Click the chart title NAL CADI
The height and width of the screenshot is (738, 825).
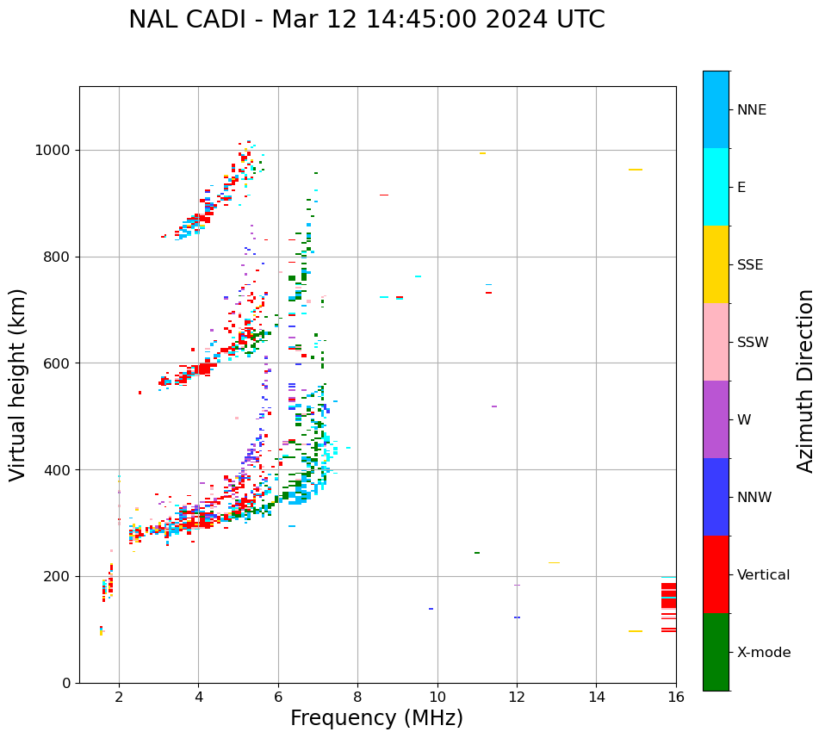tap(366, 20)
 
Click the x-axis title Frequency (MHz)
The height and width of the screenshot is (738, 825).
tap(376, 718)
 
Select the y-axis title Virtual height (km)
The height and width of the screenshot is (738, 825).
tap(18, 384)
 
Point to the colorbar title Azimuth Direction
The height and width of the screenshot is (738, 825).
tap(805, 381)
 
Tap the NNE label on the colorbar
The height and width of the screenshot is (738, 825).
tap(751, 110)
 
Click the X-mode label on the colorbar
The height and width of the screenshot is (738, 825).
tap(763, 653)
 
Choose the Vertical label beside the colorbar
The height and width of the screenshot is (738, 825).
tap(763, 575)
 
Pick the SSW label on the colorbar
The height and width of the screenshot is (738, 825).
tap(753, 343)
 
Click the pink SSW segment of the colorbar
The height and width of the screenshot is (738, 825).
tap(716, 342)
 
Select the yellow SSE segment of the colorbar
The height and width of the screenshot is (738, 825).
tap(716, 264)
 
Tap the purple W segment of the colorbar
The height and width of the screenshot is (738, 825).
tap(716, 419)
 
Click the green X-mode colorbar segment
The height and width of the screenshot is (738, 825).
tap(716, 652)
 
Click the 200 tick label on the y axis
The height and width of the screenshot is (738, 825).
tap(59, 577)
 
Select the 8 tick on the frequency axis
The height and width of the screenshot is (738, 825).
tap(357, 697)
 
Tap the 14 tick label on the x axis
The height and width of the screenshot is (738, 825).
tap(596, 697)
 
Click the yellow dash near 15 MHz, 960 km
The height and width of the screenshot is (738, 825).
tap(636, 170)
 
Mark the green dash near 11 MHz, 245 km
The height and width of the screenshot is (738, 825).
tap(477, 553)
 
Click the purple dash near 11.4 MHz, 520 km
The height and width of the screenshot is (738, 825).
tap(493, 406)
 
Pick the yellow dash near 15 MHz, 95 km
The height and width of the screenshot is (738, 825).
tap(636, 631)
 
